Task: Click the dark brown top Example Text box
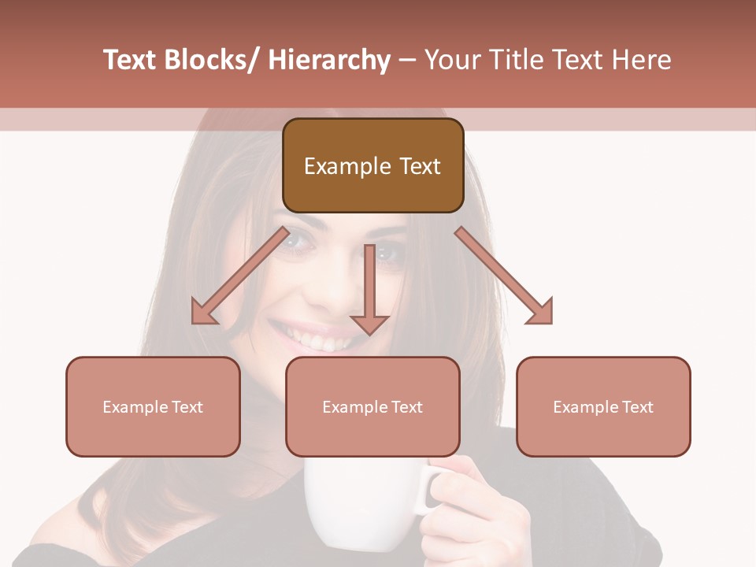372,165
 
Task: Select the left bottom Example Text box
153,406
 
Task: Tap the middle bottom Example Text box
372,406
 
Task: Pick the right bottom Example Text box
603,406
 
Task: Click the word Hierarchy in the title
329,60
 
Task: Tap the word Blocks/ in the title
209,60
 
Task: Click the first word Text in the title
130,60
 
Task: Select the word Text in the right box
638,406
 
